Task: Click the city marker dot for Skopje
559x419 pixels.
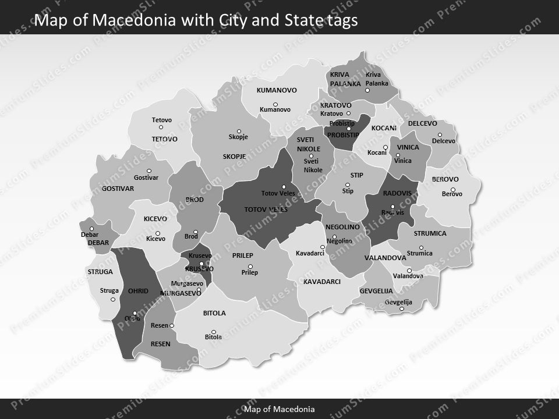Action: point(238,131)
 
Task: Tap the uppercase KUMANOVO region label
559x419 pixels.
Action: point(277,90)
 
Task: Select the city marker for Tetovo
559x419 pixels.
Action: point(161,127)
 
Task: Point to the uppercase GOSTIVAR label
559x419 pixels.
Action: point(118,189)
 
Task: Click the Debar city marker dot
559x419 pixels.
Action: point(91,229)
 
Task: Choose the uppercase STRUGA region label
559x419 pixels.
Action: point(100,272)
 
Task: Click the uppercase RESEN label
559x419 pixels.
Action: point(160,344)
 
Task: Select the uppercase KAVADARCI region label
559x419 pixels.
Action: point(321,282)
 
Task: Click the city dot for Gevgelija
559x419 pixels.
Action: point(401,308)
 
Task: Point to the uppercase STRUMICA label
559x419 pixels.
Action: point(430,233)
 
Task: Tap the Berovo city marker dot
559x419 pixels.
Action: point(452,189)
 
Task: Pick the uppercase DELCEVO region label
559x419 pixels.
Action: point(422,123)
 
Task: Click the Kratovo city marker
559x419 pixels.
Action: point(348,113)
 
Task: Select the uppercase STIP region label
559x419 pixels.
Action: point(356,175)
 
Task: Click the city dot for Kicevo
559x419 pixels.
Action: point(157,233)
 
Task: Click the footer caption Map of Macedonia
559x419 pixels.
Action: point(279,409)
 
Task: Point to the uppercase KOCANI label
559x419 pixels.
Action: point(384,128)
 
